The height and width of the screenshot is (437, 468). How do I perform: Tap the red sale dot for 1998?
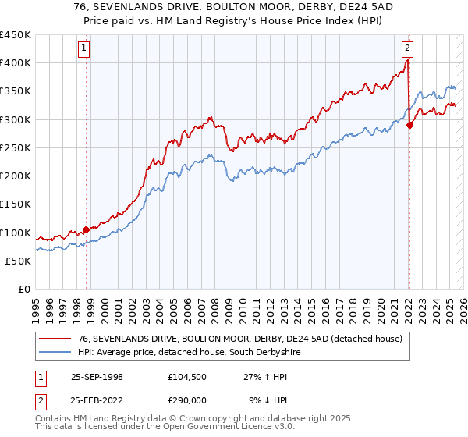[x=86, y=229]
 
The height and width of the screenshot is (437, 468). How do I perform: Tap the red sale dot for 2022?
[x=410, y=126]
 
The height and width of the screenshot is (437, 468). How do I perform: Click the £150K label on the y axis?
[x=16, y=204]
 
